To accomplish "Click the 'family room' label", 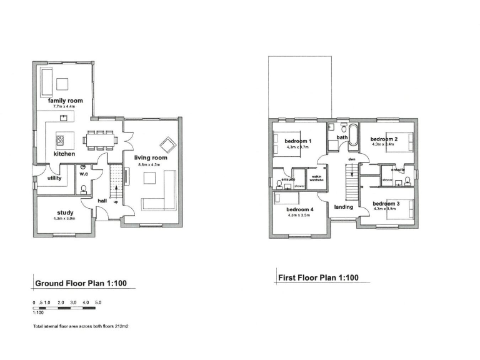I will (66, 101).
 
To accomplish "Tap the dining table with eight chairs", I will (101, 137).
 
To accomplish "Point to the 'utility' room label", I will (54, 178).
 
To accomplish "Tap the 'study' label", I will (65, 212).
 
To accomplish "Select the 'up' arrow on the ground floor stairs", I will (116, 201).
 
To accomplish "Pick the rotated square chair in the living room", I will (167, 144).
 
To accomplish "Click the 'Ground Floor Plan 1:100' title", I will (81, 283).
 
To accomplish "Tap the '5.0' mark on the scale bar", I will (98, 302).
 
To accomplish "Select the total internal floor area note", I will (81, 326).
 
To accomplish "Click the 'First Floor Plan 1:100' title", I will (318, 277).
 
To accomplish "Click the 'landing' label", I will (343, 207).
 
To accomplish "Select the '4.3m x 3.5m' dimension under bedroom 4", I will (299, 215).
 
